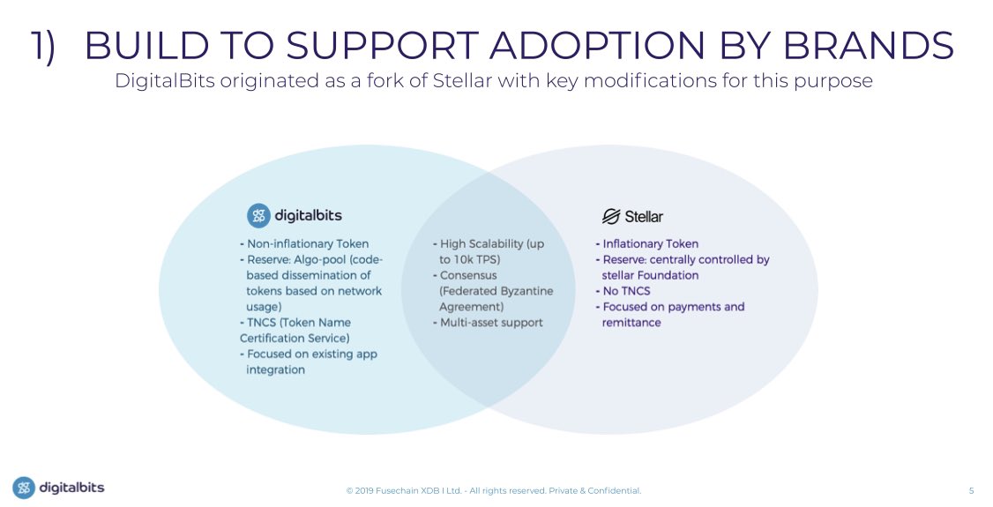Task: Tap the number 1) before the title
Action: [x=44, y=46]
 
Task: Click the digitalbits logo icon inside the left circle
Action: [x=258, y=216]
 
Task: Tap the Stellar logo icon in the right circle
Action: [x=611, y=216]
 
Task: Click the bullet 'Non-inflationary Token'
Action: [x=304, y=243]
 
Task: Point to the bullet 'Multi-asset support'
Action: [x=490, y=323]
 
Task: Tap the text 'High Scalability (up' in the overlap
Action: [x=492, y=243]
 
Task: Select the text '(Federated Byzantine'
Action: [x=496, y=291]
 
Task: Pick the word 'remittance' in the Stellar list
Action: [x=631, y=323]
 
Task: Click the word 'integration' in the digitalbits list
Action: [x=275, y=370]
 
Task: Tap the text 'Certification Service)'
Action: [x=295, y=339]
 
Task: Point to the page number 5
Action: [x=971, y=490]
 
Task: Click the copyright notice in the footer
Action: [x=493, y=490]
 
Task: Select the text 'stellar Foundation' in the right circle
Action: [x=650, y=275]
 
